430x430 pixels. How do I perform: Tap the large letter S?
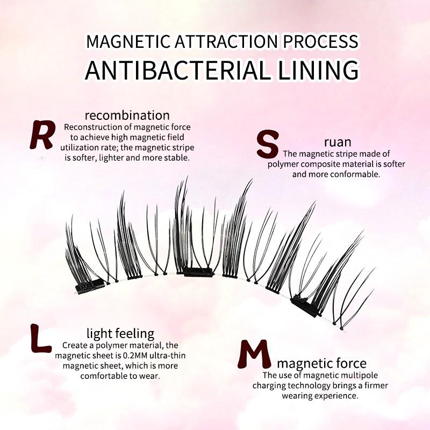[x=268, y=144]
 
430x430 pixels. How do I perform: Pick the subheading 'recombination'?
[x=127, y=115]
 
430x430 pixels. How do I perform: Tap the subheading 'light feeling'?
[x=120, y=333]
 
